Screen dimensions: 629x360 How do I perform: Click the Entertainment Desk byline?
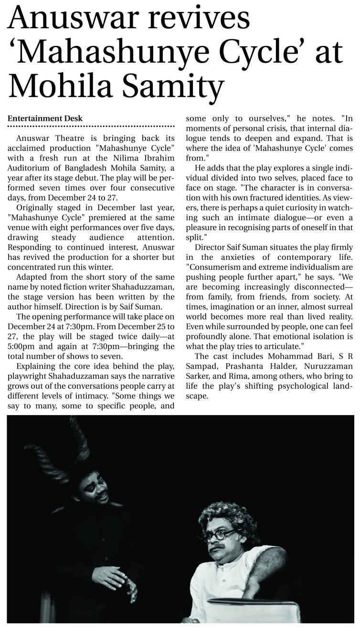click(45, 118)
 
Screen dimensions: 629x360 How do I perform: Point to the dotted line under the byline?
click(91, 127)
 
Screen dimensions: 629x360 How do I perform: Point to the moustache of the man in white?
click(220, 545)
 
